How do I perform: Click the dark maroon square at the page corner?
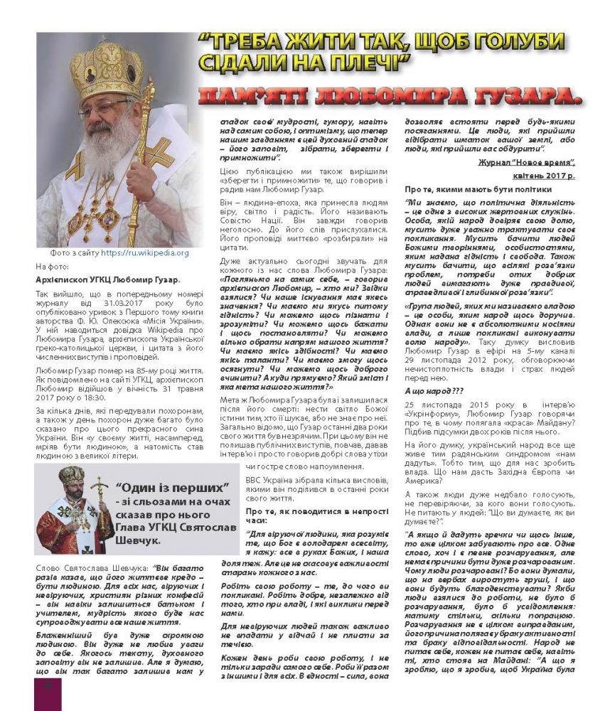(48, 693)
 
